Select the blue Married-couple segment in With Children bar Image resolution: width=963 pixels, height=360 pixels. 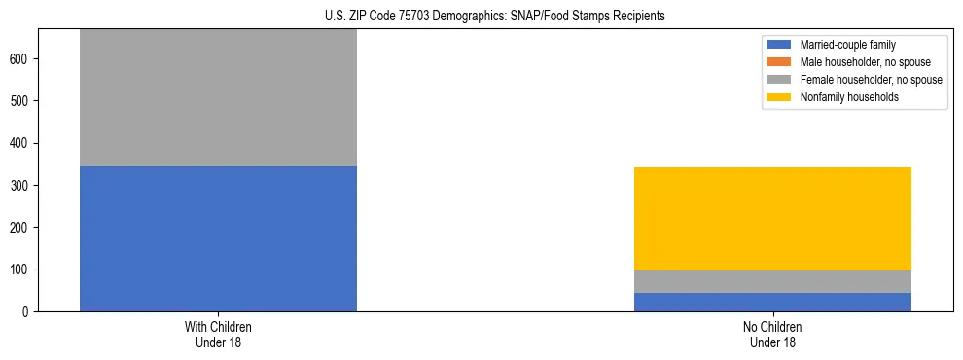click(218, 238)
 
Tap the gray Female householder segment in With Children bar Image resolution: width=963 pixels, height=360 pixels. click(218, 97)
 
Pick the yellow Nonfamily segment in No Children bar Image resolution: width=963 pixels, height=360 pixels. click(772, 219)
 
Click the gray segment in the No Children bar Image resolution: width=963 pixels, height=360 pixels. click(772, 281)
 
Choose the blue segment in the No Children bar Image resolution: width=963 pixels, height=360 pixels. click(772, 302)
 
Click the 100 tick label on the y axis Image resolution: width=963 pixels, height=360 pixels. click(21, 270)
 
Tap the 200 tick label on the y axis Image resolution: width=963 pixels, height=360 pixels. click(21, 228)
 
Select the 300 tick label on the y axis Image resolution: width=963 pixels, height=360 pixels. click(21, 185)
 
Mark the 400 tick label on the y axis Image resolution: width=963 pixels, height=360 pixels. click(21, 143)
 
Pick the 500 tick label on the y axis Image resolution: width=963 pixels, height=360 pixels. click(21, 101)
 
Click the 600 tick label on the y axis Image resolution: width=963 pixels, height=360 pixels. click(21, 59)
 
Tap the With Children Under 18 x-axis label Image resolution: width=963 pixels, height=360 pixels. click(218, 334)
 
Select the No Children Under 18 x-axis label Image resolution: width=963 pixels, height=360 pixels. click(772, 334)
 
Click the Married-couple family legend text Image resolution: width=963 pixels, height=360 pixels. click(848, 45)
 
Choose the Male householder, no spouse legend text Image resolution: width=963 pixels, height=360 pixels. click(865, 62)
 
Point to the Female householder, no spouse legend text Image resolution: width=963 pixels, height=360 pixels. click(871, 80)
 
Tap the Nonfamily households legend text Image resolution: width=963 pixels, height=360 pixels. click(849, 97)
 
